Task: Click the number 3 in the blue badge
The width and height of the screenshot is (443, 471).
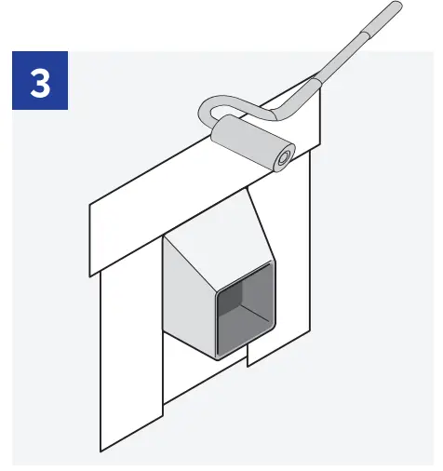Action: [41, 83]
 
